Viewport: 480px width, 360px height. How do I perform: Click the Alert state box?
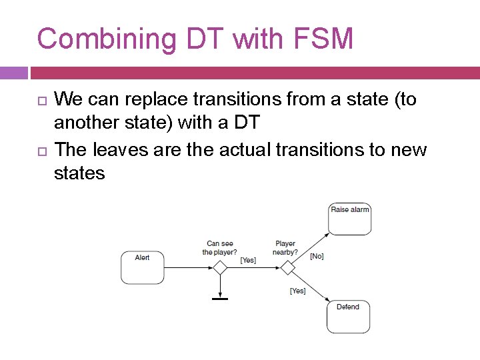[x=142, y=267]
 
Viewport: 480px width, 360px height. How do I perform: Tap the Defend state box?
[x=348, y=317]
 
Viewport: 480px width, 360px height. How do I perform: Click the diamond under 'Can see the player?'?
[x=220, y=267]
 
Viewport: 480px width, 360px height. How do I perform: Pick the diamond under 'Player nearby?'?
[x=287, y=267]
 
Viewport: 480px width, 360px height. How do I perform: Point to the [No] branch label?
[x=317, y=256]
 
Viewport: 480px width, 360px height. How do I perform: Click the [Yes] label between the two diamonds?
[x=248, y=260]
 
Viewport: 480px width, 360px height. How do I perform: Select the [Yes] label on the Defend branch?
[x=298, y=291]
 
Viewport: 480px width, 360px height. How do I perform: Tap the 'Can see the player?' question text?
[x=220, y=248]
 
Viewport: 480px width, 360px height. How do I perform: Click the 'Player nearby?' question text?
[x=285, y=248]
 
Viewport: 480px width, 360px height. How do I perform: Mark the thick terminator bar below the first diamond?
[x=220, y=299]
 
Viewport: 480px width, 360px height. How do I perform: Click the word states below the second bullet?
[x=79, y=174]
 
